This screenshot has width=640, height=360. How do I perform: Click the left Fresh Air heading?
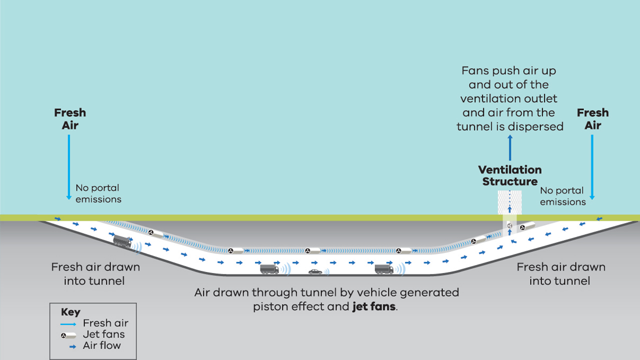pos(70,119)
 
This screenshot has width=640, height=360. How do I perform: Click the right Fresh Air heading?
pos(592,119)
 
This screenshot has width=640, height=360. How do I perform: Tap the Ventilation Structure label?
pos(509,175)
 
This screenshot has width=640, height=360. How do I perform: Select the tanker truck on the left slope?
pos(122,241)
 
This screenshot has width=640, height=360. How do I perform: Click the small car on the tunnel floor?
pos(315,271)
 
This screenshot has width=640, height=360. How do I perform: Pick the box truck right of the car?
pos(384,269)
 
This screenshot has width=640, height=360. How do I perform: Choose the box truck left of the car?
pos(269,269)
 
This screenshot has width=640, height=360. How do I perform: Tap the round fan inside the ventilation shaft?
pos(509,226)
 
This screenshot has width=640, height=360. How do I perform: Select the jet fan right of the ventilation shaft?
pos(526,226)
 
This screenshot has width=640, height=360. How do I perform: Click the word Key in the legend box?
pos(70,312)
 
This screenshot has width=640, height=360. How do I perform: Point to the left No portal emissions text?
pos(98,193)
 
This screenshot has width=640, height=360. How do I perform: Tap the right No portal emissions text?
pos(562,196)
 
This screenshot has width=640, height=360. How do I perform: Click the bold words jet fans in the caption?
pos(374,306)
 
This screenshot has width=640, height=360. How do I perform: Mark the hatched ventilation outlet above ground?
pos(509,202)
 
